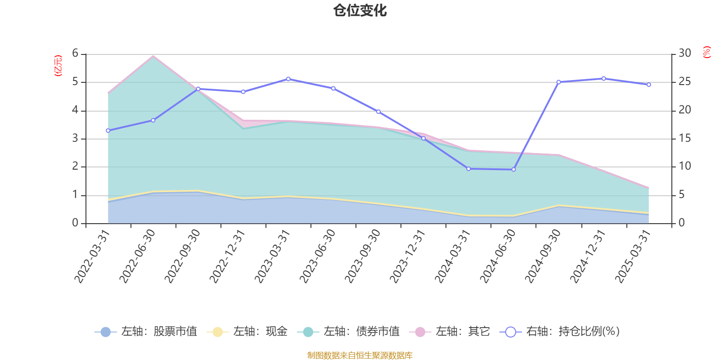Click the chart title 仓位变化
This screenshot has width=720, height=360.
360,10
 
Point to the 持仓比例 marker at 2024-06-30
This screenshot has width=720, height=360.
513,170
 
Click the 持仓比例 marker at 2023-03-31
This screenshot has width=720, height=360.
288,79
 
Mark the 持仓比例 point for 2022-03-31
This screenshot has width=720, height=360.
108,130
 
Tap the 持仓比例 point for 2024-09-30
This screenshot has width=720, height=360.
558,82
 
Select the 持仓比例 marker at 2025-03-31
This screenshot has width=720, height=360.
649,85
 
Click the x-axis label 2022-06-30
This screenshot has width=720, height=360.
137,256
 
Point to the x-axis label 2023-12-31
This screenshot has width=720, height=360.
407,256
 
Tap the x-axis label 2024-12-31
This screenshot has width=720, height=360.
588,256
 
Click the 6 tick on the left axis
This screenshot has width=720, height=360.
75,54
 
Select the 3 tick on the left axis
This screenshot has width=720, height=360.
75,139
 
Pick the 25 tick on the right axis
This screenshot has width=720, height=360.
685,82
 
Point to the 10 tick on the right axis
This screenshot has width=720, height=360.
685,166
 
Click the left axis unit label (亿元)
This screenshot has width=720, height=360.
58,66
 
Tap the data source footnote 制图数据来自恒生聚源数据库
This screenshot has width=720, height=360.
360,355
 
